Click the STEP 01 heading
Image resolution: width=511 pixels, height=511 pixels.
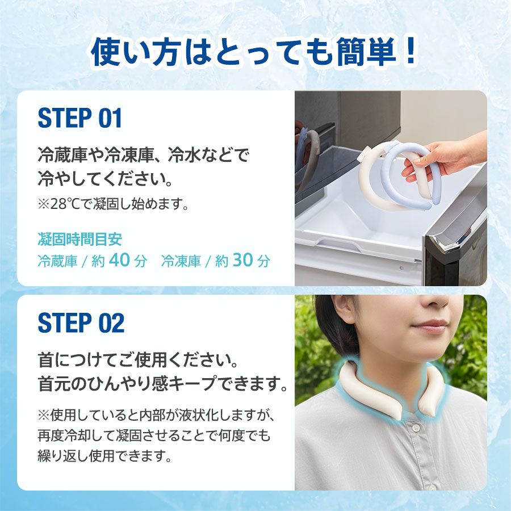(80, 119)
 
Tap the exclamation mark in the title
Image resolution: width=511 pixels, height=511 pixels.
(409, 53)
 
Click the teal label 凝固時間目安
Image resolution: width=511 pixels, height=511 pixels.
(79, 239)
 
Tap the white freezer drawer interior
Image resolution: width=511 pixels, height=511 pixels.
(363, 227)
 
